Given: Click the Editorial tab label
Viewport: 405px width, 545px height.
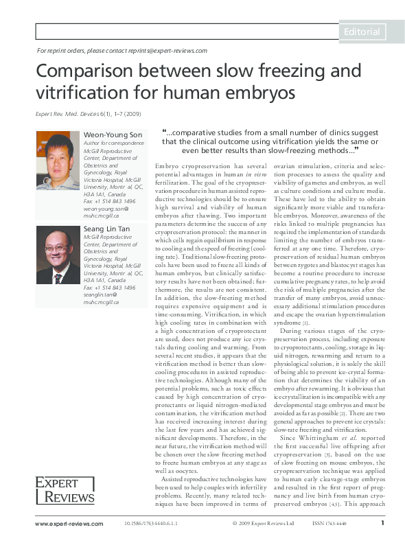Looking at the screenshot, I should [362, 32].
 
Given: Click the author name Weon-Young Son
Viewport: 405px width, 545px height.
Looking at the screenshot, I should [110, 134].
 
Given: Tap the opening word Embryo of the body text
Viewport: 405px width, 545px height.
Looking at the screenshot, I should [169, 167].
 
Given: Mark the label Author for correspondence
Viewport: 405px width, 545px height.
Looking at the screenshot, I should [113, 143].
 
